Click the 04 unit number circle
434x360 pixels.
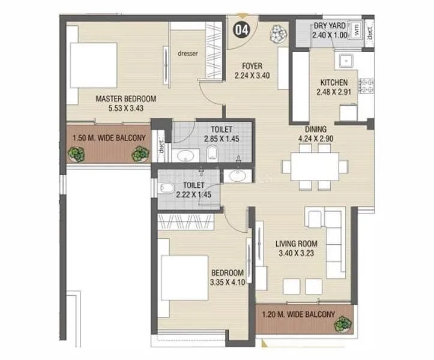click(x=241, y=29)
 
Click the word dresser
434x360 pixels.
click(x=188, y=53)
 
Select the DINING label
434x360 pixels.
click(x=316, y=128)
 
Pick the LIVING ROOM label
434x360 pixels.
click(x=297, y=244)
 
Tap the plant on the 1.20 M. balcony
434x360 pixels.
click(x=343, y=323)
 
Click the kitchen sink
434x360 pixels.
click(x=346, y=61)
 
